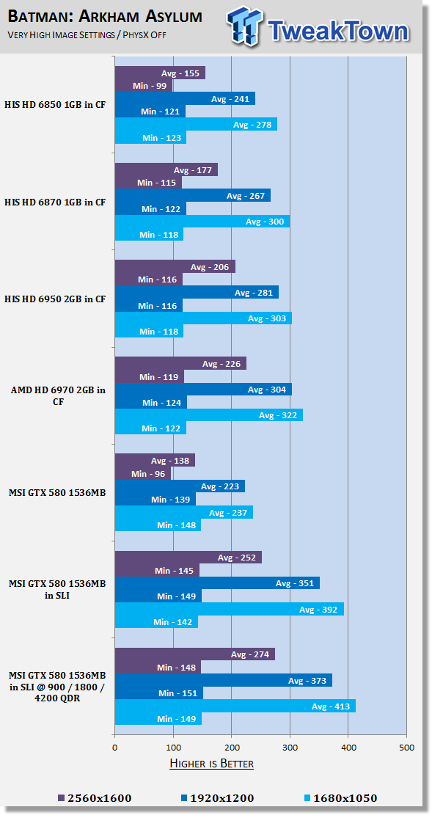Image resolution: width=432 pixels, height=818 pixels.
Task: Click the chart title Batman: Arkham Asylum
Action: click(x=105, y=17)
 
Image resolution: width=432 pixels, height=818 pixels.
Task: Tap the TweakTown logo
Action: click(x=318, y=26)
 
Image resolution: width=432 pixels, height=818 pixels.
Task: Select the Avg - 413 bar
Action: click(x=235, y=706)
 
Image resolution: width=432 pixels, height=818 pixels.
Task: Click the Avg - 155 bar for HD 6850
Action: click(x=160, y=73)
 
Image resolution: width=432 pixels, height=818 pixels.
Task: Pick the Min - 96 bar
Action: click(x=143, y=474)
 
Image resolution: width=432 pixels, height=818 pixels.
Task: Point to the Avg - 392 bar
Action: click(x=230, y=610)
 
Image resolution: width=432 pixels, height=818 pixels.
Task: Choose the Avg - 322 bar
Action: click(x=209, y=415)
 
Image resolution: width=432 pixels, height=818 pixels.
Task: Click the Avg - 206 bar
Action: click(x=175, y=266)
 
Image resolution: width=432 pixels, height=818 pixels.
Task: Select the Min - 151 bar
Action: click(x=159, y=693)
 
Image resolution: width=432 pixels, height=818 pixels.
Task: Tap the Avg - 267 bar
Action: click(x=193, y=196)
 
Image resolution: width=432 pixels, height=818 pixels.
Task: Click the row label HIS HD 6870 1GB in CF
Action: click(x=55, y=202)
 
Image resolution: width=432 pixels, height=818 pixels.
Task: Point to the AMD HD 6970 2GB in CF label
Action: click(x=58, y=395)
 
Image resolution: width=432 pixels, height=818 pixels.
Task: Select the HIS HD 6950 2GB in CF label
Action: click(x=55, y=299)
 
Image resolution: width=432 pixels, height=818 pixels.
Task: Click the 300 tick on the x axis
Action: click(x=290, y=748)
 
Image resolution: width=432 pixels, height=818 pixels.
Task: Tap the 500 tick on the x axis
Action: click(x=407, y=748)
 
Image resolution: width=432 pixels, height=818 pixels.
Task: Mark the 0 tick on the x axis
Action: click(x=114, y=748)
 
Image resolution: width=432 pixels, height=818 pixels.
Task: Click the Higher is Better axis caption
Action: click(x=212, y=764)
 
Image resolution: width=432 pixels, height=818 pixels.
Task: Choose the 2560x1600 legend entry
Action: click(x=95, y=798)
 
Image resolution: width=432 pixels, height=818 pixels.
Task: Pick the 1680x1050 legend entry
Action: click(x=340, y=798)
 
